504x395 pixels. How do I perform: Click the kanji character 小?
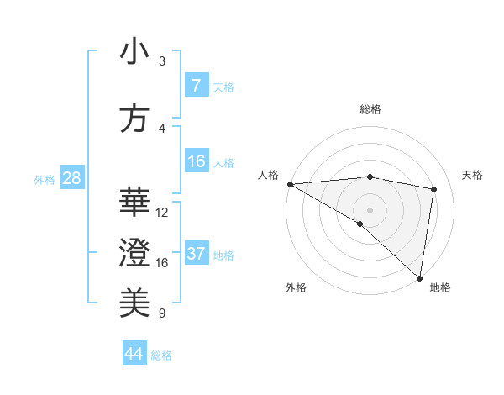point(134,53)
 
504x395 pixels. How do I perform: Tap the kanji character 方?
point(134,119)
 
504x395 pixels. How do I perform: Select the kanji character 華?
point(134,202)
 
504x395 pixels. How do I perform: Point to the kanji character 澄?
point(134,252)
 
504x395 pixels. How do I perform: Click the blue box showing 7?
point(196,86)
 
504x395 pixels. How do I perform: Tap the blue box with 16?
point(196,161)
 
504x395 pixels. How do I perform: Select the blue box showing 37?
point(196,254)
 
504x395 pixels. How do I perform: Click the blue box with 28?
point(71,178)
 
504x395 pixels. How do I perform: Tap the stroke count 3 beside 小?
point(162,61)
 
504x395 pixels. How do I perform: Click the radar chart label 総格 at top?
point(370,109)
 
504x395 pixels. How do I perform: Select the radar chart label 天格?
point(473,175)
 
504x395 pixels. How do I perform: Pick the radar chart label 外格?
point(296,287)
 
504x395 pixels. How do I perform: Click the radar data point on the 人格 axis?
point(290,183)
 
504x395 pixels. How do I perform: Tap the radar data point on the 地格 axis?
point(419,277)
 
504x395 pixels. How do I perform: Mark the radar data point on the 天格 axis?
point(434,189)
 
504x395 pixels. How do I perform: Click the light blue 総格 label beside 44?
point(161,355)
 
